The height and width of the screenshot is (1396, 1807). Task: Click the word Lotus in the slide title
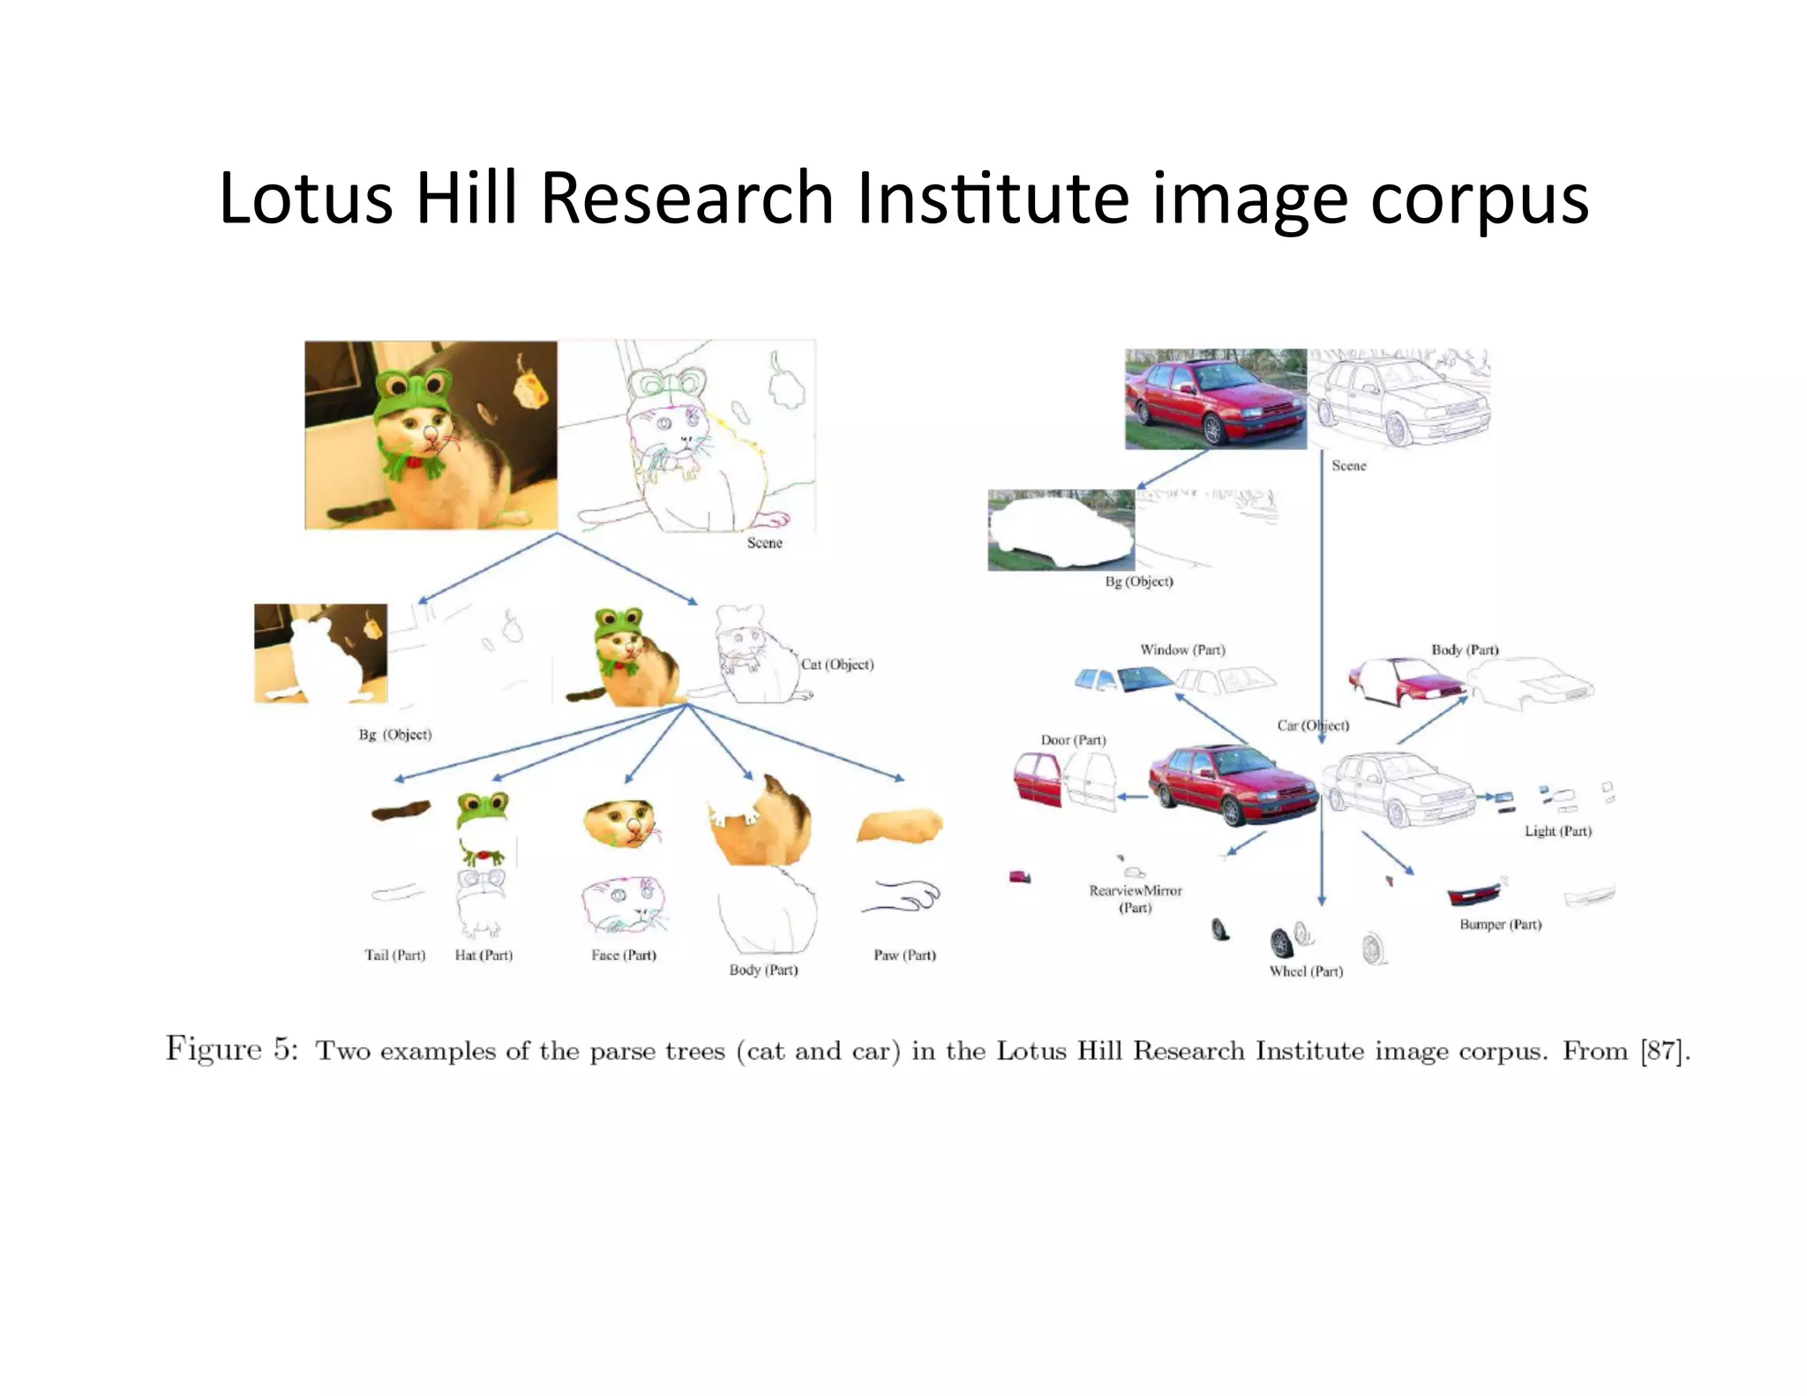tap(305, 199)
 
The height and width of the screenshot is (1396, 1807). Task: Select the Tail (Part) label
tap(394, 955)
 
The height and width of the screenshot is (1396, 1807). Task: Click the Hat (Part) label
tap(484, 955)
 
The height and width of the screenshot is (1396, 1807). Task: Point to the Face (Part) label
tap(624, 955)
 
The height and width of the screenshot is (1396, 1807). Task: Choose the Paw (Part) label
tap(904, 955)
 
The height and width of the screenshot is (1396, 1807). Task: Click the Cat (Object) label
tap(837, 664)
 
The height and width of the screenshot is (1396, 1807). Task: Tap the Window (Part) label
tap(1182, 650)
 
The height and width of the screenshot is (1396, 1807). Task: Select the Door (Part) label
tap(1073, 740)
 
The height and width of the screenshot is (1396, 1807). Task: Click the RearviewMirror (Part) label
tap(1136, 898)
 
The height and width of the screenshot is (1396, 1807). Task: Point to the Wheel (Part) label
tap(1306, 972)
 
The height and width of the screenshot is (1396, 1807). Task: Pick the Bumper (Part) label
tap(1500, 925)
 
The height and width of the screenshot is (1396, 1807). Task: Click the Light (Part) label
tap(1558, 831)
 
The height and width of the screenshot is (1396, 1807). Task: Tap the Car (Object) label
tap(1312, 725)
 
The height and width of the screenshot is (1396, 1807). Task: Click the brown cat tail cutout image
tap(400, 810)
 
